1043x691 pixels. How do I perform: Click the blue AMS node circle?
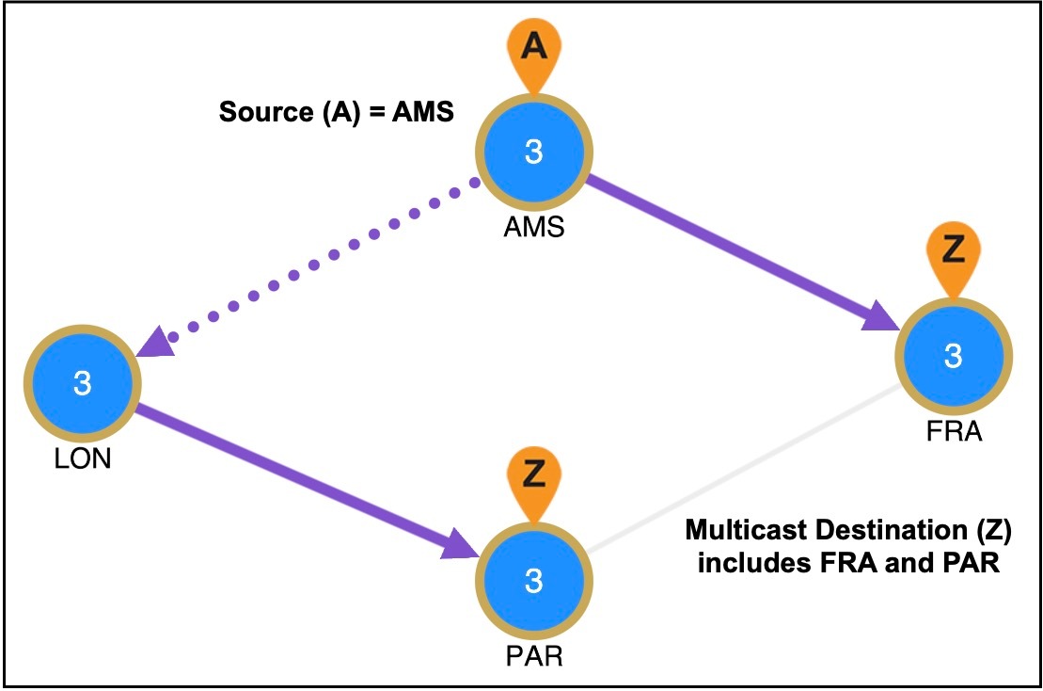pyautogui.click(x=533, y=152)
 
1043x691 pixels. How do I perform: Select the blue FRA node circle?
pyautogui.click(x=952, y=355)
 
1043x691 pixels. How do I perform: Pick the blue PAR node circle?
pyautogui.click(x=533, y=581)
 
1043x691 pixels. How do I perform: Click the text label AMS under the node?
pyautogui.click(x=534, y=227)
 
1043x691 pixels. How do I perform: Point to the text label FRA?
pyautogui.click(x=952, y=432)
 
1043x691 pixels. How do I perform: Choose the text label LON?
pyautogui.click(x=83, y=460)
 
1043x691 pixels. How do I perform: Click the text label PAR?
pyautogui.click(x=533, y=655)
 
